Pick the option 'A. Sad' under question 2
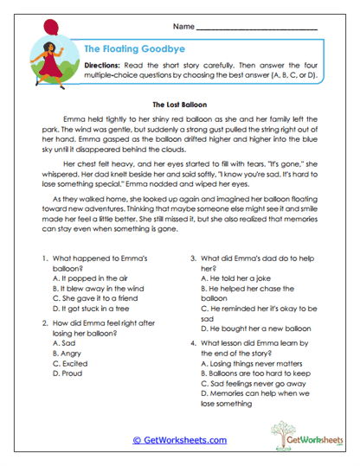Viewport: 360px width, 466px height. point(64,342)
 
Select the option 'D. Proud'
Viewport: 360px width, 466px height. point(67,374)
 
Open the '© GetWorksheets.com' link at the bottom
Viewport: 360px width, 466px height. point(180,439)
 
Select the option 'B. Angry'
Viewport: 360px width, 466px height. point(68,353)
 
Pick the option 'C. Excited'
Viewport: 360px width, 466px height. point(70,364)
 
